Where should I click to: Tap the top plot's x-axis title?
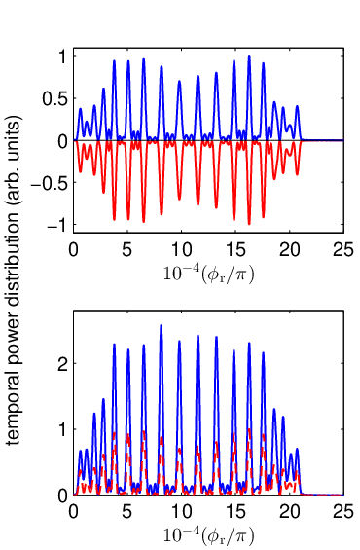pyautogui.click(x=208, y=275)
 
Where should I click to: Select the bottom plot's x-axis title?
pyautogui.click(x=208, y=536)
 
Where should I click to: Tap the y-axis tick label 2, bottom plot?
pyautogui.click(x=63, y=363)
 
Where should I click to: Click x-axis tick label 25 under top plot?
pyautogui.click(x=343, y=250)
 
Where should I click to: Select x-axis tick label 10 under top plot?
pyautogui.click(x=182, y=250)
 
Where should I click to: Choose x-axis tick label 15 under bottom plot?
pyautogui.click(x=235, y=512)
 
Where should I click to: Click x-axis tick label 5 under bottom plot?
pyautogui.click(x=127, y=512)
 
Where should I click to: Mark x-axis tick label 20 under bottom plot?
pyautogui.click(x=290, y=512)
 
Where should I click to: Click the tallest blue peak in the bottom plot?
pyautogui.click(x=161, y=325)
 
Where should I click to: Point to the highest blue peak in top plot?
pyautogui.click(x=249, y=56)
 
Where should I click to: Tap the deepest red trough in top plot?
pyautogui.click(x=249, y=224)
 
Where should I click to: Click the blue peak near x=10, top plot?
pyautogui.click(x=179, y=81)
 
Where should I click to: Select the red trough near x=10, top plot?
pyautogui.click(x=179, y=200)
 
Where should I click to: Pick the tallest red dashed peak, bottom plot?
pyautogui.click(x=249, y=429)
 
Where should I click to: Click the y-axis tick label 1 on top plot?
pyautogui.click(x=63, y=56)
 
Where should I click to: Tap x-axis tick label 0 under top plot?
pyautogui.click(x=73, y=250)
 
